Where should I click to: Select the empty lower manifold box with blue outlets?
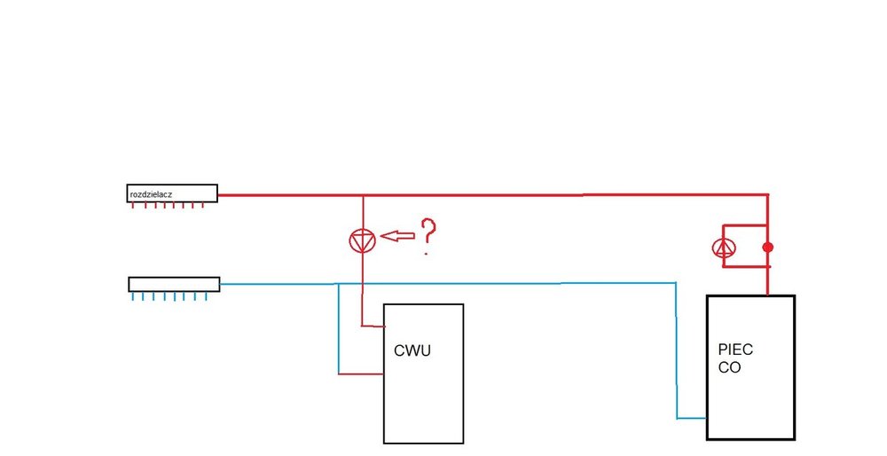point(174,284)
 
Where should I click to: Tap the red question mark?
point(428,235)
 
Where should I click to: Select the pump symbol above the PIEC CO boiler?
point(725,248)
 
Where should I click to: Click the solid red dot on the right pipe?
point(768,247)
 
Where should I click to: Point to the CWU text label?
point(412,351)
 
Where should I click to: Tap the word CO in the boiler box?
point(729,367)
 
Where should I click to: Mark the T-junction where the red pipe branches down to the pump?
point(363,195)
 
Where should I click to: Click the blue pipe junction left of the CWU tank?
point(339,284)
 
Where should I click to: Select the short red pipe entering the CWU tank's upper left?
point(373,326)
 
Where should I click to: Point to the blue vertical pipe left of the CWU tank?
point(339,328)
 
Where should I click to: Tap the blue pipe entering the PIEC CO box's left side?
point(692,418)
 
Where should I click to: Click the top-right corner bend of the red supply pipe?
point(767,194)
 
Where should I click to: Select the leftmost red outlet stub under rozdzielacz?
point(133,207)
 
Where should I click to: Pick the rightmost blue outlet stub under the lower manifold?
point(206,296)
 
